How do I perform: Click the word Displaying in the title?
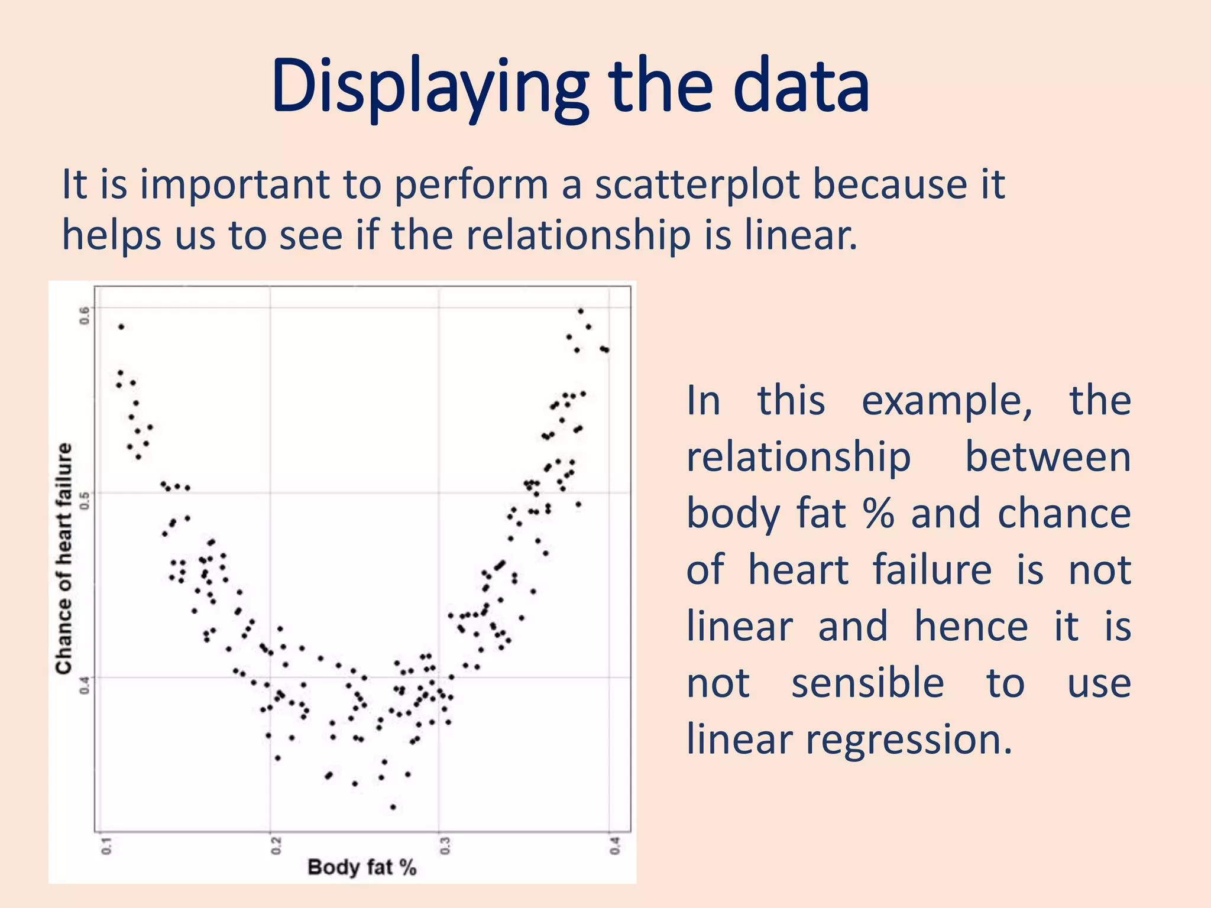click(x=429, y=87)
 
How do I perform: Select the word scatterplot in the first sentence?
click(x=697, y=184)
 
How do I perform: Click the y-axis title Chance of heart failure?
click(x=64, y=558)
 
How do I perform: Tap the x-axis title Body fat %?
click(x=362, y=867)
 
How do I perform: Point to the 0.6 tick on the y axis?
click(x=85, y=315)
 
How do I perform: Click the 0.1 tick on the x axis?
click(x=106, y=845)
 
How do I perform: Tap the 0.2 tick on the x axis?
click(x=276, y=845)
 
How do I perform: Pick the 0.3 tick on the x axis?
click(x=445, y=845)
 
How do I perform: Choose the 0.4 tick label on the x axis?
click(x=615, y=845)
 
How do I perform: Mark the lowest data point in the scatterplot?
click(x=393, y=807)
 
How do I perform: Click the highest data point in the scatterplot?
click(x=581, y=311)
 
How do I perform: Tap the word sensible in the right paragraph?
click(x=867, y=684)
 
